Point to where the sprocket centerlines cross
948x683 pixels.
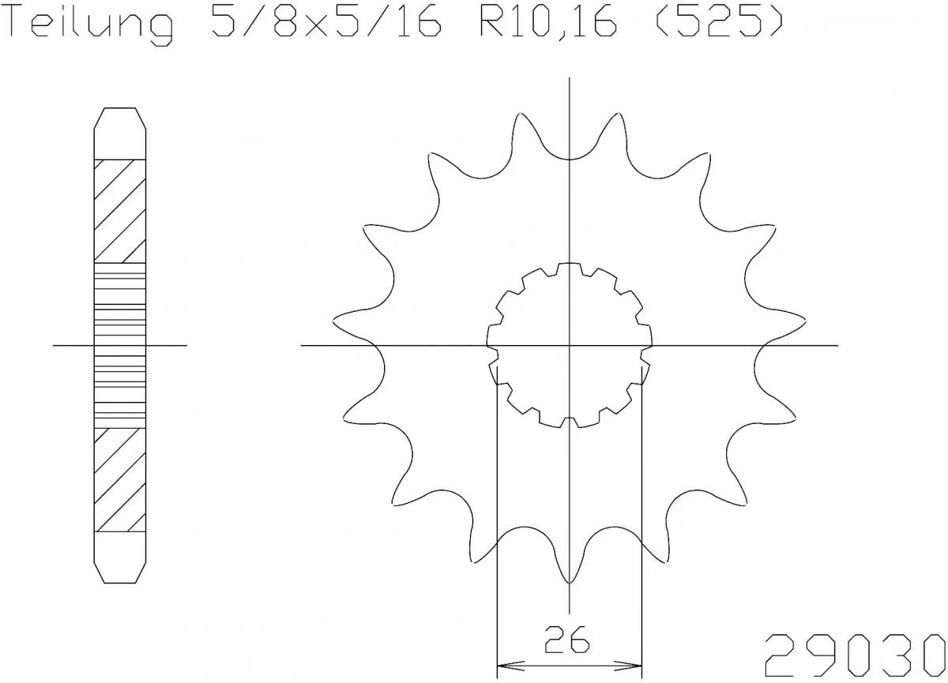570,346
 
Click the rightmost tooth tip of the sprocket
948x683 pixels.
801,320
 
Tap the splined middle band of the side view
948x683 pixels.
120,345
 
